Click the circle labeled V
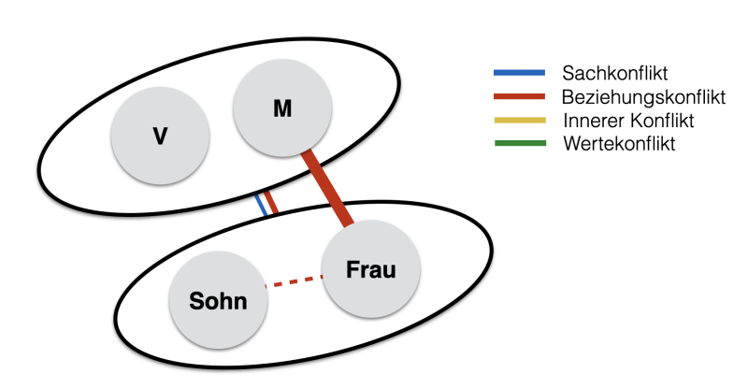tap(160, 137)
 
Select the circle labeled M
tap(282, 109)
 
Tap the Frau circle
tap(371, 269)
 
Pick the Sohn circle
tap(218, 302)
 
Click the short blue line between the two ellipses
tap(263, 205)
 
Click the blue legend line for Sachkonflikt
tap(519, 72)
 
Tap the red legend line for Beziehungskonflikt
tap(519, 96)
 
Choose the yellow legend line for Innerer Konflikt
tap(519, 121)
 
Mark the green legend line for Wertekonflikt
tap(519, 144)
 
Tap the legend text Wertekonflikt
tap(618, 144)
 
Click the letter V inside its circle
tap(160, 137)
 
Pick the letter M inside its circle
tap(282, 109)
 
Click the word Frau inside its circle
tap(371, 270)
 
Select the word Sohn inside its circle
tap(218, 302)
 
